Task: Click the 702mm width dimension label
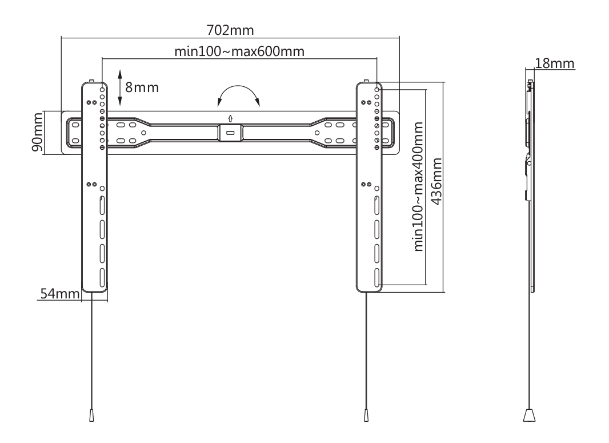(x=230, y=30)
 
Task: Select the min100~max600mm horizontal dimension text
(x=239, y=51)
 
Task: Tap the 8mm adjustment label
(x=142, y=87)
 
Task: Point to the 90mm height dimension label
(x=37, y=133)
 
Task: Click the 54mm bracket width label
(x=60, y=294)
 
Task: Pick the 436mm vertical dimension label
(x=436, y=181)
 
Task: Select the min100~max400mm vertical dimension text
(x=418, y=186)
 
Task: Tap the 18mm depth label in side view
(x=555, y=63)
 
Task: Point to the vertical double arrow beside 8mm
(x=120, y=88)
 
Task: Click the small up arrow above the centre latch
(x=230, y=118)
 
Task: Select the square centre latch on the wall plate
(x=230, y=133)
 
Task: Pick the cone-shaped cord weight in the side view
(x=529, y=414)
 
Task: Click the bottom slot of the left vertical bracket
(x=102, y=277)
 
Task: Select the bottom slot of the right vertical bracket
(x=376, y=277)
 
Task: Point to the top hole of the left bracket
(x=102, y=90)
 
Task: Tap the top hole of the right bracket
(x=376, y=90)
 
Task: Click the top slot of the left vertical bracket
(x=102, y=206)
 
